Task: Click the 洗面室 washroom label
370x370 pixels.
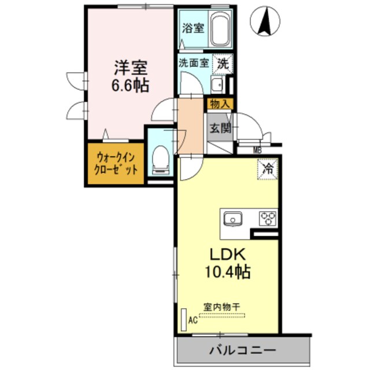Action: click(192, 64)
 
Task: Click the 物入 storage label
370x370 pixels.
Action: click(219, 105)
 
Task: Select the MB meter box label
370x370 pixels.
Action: click(257, 151)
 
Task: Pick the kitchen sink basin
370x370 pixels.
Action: click(234, 219)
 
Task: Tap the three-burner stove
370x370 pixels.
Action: click(268, 219)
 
